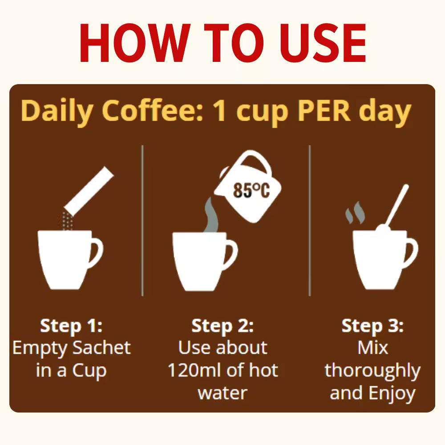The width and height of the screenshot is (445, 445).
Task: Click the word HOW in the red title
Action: click(x=135, y=43)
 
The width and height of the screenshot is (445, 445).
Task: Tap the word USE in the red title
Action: click(x=322, y=43)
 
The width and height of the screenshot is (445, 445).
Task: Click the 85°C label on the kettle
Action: click(x=251, y=190)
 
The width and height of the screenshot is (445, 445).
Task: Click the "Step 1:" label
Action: click(x=71, y=326)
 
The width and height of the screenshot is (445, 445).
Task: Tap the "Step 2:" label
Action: click(x=222, y=326)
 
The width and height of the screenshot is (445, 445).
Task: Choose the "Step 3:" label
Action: click(x=372, y=326)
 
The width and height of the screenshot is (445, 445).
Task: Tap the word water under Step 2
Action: click(x=222, y=393)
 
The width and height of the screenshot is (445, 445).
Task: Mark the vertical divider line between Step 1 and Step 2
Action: click(x=142, y=221)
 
